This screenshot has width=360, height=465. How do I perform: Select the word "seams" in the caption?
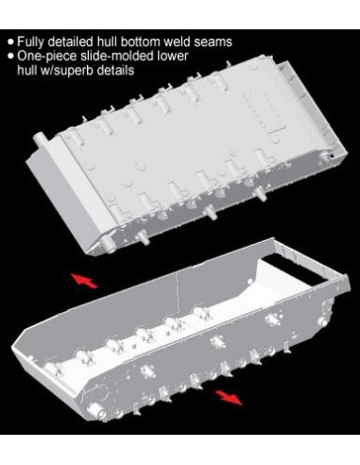click(x=214, y=43)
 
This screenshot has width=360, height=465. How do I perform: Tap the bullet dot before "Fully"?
click(x=11, y=42)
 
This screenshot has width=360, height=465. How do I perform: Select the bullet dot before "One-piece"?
click(x=11, y=57)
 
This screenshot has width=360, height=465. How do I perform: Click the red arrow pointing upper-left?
click(x=84, y=280)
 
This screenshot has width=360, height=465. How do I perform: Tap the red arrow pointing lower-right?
click(x=229, y=396)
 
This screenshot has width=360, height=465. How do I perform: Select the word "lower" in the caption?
click(x=172, y=56)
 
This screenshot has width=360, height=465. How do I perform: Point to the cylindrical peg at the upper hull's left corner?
click(x=41, y=139)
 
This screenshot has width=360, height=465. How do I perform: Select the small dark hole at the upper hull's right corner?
click(x=332, y=156)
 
